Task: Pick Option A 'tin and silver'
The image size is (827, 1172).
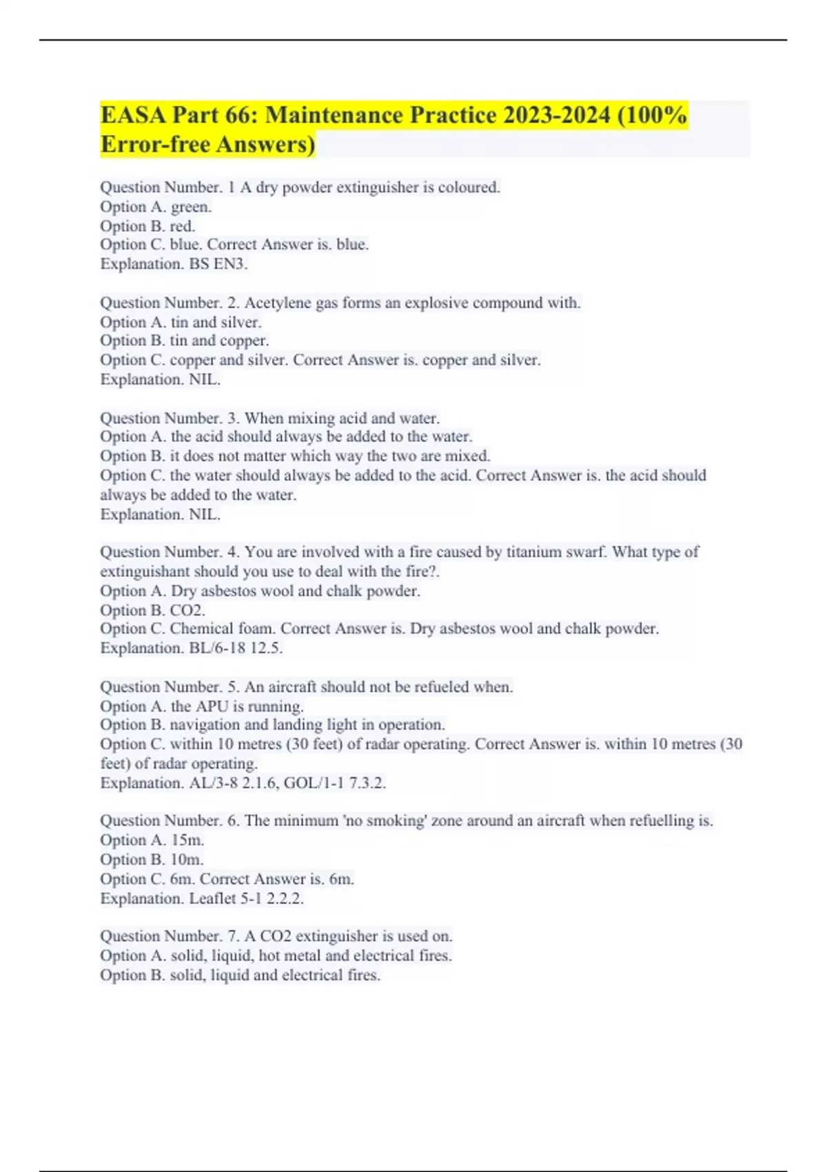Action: point(215,322)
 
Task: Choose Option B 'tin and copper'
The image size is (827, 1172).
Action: point(218,341)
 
